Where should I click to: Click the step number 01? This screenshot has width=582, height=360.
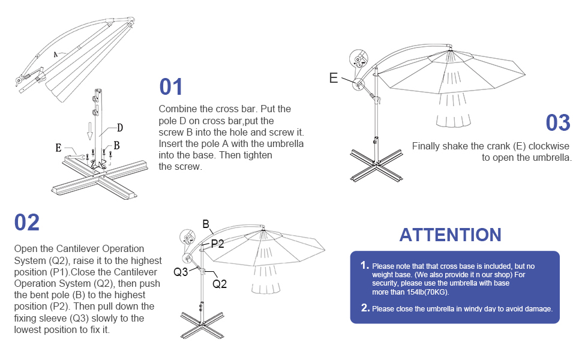click(171, 87)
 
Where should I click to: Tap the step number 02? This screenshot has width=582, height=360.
click(27, 223)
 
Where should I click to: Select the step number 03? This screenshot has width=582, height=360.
click(557, 123)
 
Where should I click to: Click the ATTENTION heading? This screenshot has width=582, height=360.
click(450, 235)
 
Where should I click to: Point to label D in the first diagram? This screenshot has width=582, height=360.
click(120, 127)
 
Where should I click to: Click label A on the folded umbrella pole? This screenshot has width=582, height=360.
click(55, 54)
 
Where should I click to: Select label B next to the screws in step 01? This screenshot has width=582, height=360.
click(116, 145)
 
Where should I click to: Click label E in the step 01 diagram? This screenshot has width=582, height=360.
click(58, 148)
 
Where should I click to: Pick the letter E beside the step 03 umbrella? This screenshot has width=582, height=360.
click(334, 78)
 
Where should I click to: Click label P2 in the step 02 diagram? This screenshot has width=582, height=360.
click(217, 244)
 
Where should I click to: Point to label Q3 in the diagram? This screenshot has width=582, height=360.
click(181, 272)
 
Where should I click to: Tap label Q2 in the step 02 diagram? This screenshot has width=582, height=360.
click(220, 284)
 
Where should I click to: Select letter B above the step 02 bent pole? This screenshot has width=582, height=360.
click(206, 224)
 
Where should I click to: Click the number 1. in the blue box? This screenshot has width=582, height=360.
click(364, 265)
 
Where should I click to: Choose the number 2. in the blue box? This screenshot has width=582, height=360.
click(365, 308)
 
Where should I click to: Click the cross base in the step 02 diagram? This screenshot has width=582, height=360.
click(202, 324)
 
